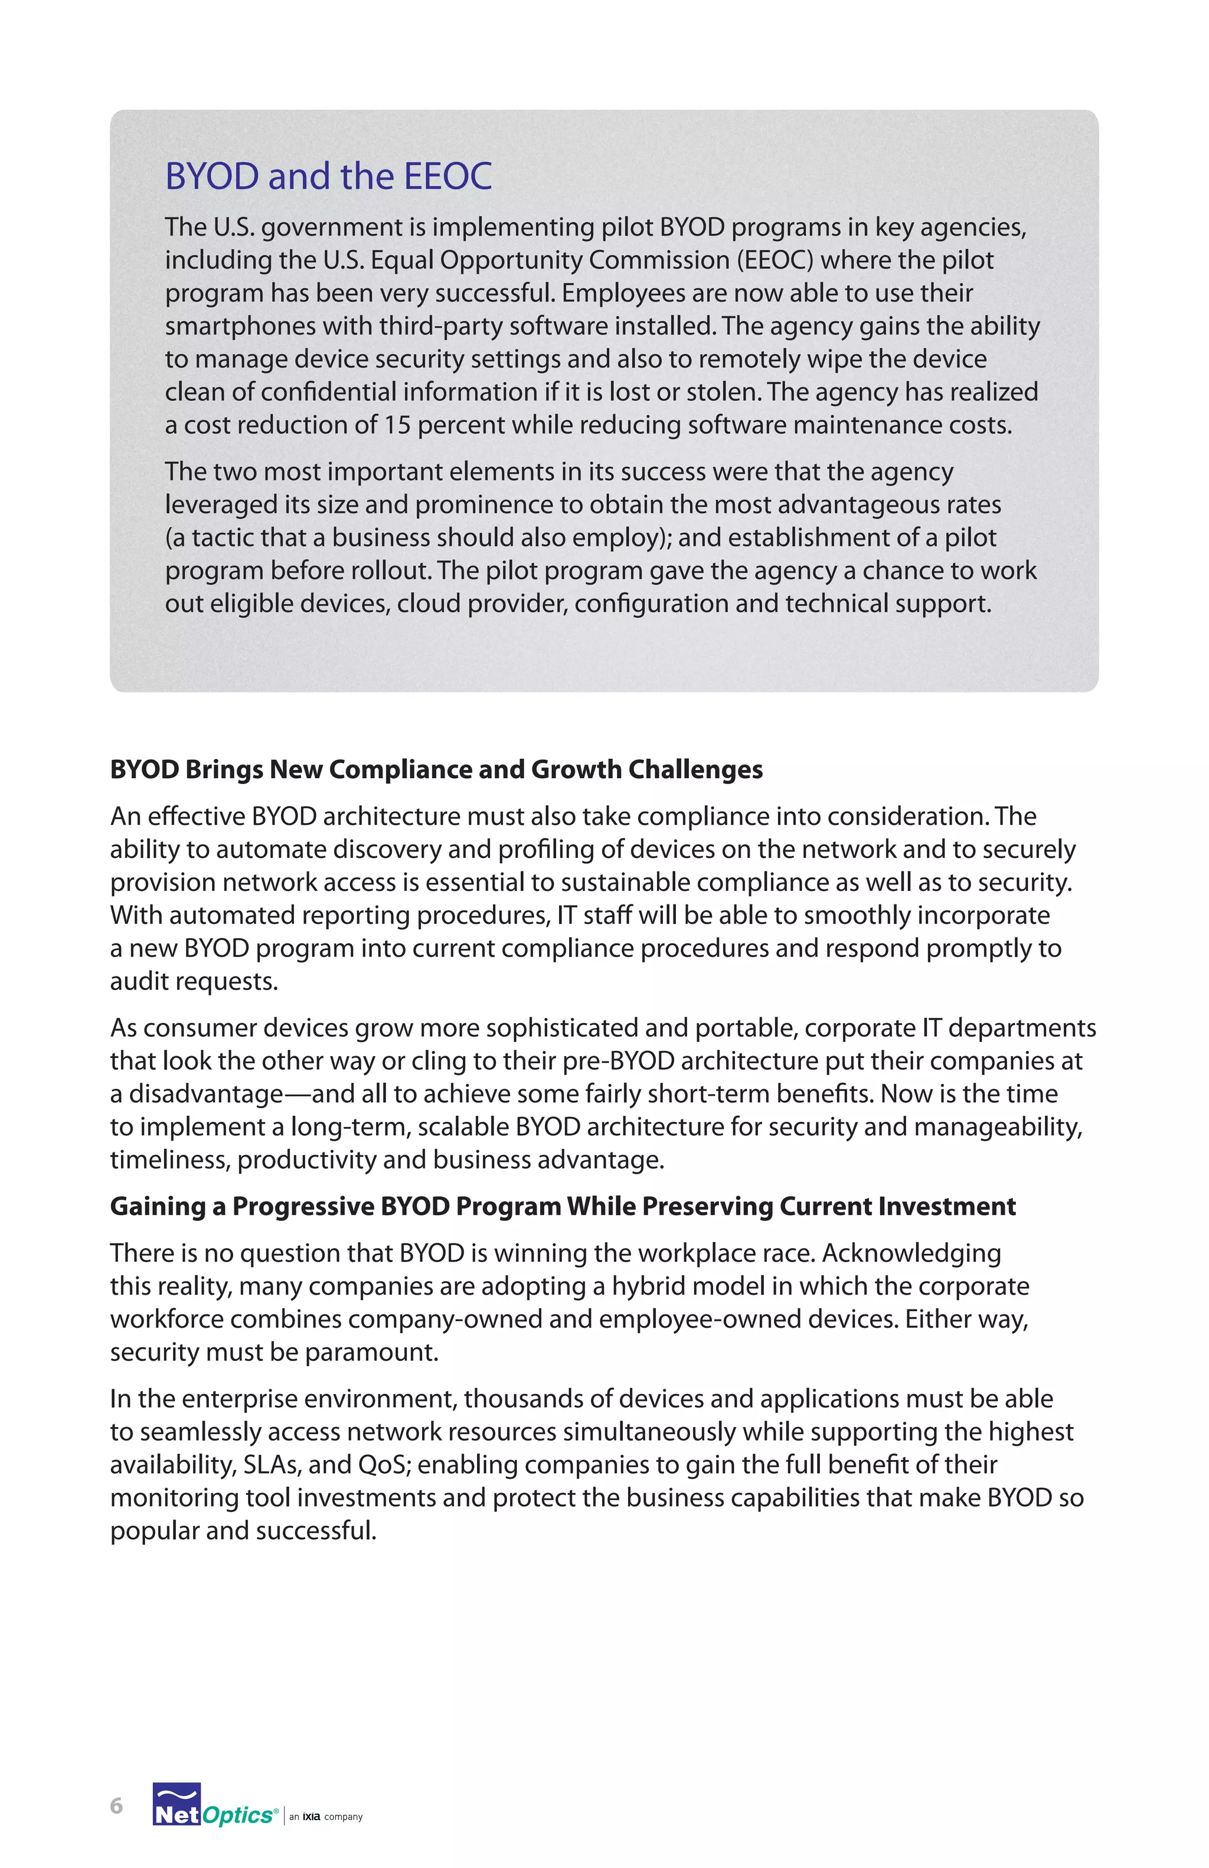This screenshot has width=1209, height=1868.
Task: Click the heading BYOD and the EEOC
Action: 328,176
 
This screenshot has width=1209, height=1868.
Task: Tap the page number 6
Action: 116,1805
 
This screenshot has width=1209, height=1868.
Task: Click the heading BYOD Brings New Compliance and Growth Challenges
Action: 436,769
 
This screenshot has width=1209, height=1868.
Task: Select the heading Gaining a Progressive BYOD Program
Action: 563,1206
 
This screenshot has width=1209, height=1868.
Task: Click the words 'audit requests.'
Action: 194,981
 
